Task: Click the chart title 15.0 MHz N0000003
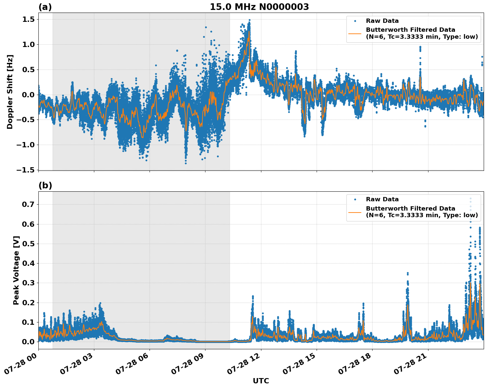pyautogui.click(x=259, y=7)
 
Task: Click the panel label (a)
pyautogui.click(x=45, y=7)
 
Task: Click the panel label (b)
pyautogui.click(x=45, y=185)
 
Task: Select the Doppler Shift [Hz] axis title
pyautogui.click(x=10, y=92)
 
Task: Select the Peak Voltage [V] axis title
pyautogui.click(x=16, y=270)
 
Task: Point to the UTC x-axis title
pyautogui.click(x=261, y=381)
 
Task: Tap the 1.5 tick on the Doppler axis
pyautogui.click(x=28, y=20)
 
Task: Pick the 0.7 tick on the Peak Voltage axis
pyautogui.click(x=28, y=205)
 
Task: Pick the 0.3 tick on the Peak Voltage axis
pyautogui.click(x=28, y=283)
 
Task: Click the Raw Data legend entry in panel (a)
pyautogui.click(x=382, y=21)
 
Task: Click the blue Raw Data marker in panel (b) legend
pyautogui.click(x=355, y=199)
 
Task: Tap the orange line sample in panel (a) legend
pyautogui.click(x=355, y=33)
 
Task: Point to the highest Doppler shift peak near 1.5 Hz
pyautogui.click(x=249, y=20)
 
